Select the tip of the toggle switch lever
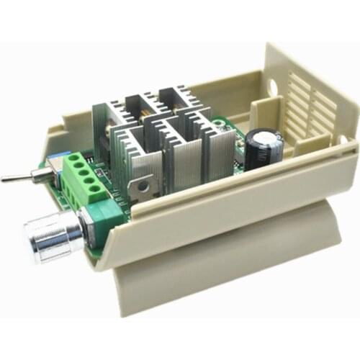(x=4, y=179)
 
